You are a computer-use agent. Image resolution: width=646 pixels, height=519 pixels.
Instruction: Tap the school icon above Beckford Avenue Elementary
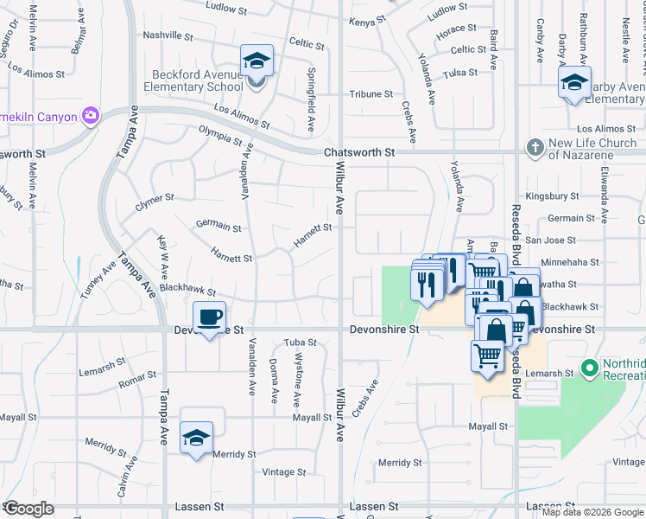point(256,61)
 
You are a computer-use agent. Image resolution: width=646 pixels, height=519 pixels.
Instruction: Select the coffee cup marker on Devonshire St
point(209,317)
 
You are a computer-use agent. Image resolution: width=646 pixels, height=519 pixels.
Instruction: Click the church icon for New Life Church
point(535,147)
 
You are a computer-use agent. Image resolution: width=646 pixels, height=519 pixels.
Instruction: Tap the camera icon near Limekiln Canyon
point(90,115)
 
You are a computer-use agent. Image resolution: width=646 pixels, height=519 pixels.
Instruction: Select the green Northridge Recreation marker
point(591,369)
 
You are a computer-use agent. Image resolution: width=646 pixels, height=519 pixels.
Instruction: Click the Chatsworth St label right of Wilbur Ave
point(358,152)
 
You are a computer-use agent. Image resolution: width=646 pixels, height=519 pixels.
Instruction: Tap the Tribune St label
point(370,93)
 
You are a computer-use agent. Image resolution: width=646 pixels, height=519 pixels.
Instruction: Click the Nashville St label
point(168,35)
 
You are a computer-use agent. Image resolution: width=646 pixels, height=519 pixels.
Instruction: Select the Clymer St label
point(155,202)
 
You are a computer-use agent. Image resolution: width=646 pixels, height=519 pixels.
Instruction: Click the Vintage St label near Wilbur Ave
point(284,472)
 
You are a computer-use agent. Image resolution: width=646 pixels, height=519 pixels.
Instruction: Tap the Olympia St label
point(220,137)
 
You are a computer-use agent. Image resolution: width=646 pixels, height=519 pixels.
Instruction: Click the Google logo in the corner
point(28,509)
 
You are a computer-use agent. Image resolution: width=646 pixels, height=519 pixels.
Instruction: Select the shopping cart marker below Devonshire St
point(487,356)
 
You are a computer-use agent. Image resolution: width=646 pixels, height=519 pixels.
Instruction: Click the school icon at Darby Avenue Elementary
point(573,84)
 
